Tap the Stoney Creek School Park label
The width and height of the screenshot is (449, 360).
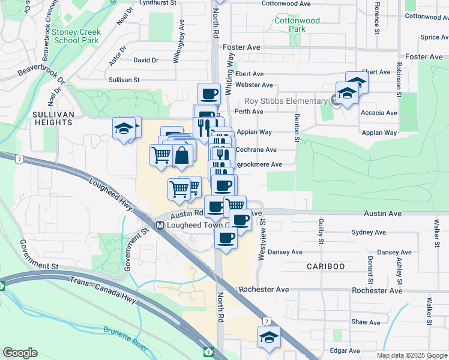[75, 36]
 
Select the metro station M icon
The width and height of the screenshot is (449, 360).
[160, 226]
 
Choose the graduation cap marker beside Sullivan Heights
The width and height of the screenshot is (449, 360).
[124, 129]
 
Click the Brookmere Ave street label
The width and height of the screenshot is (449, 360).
[259, 164]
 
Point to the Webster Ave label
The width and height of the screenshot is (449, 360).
[254, 85]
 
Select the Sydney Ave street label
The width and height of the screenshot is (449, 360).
[369, 232]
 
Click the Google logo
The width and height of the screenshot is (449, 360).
[20, 353]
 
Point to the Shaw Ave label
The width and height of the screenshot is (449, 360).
[366, 322]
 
